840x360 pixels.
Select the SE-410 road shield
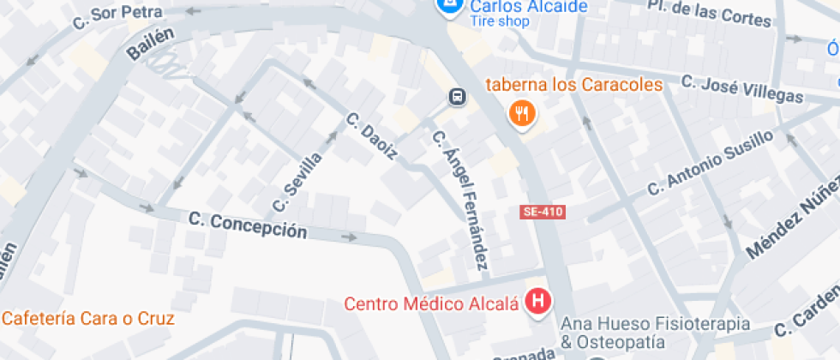point(543,212)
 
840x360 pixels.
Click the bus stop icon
point(459,98)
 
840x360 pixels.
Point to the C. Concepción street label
point(248,225)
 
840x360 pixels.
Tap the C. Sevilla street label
point(298,181)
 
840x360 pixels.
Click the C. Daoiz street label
point(372,136)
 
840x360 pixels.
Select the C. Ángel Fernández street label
point(459,197)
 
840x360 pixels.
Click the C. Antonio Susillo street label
point(711,164)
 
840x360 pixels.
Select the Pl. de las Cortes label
point(698,12)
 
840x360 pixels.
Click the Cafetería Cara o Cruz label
point(88,319)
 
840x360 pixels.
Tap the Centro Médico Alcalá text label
point(431,303)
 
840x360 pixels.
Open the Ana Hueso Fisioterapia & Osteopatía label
point(655,333)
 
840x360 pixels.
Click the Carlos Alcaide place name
point(528,7)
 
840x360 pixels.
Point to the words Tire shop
point(500,22)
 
